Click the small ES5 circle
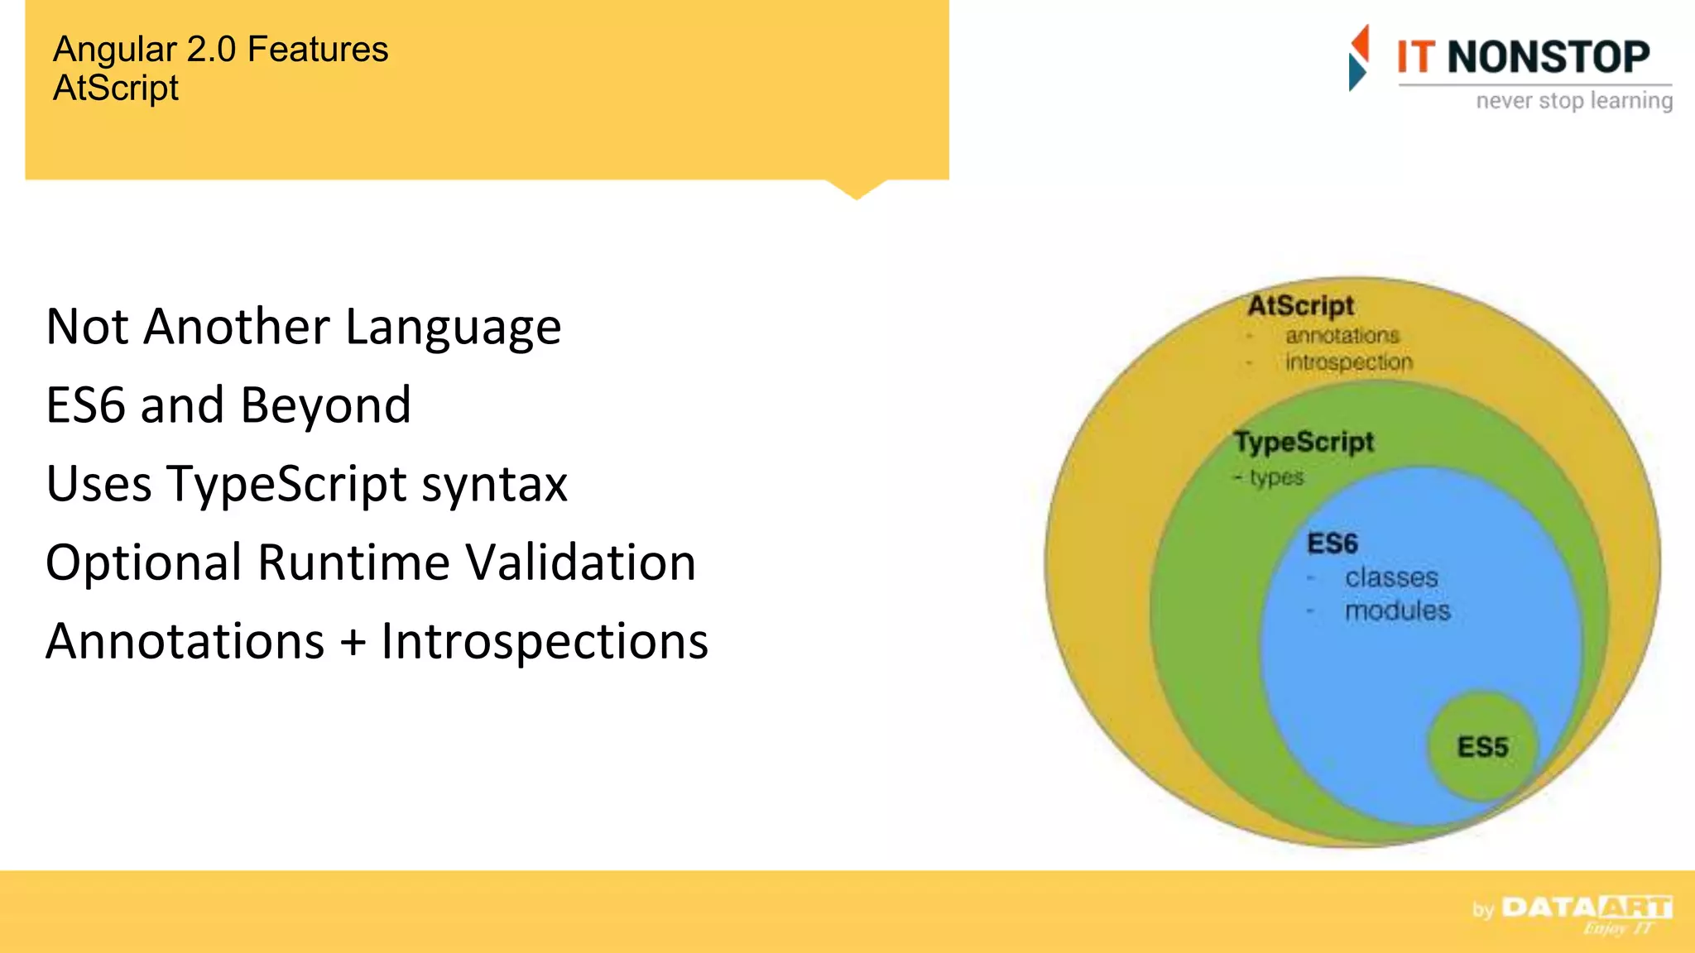click(1482, 746)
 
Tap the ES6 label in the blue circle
click(1332, 544)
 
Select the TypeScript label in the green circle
click(1304, 442)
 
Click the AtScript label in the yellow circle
click(1300, 305)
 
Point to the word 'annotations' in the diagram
click(1342, 336)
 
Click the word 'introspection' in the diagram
click(1348, 362)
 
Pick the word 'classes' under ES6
click(1391, 577)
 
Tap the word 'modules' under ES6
click(1397, 611)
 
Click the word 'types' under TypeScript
click(1276, 477)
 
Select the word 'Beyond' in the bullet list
click(325, 405)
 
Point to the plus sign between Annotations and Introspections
click(353, 642)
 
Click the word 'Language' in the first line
click(453, 327)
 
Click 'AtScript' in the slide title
click(116, 89)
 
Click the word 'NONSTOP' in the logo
click(1548, 57)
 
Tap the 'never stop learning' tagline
click(1573, 101)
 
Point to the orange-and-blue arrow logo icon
click(1358, 58)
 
